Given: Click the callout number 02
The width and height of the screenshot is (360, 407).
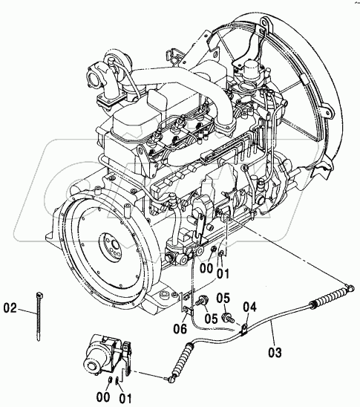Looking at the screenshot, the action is click(x=10, y=308).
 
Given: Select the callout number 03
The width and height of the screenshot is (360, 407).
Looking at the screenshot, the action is click(x=275, y=353).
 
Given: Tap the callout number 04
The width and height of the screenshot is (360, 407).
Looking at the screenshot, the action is click(x=249, y=307).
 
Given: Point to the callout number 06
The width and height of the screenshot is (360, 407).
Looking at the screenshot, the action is click(x=180, y=329).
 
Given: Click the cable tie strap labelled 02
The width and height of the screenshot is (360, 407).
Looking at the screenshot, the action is click(x=39, y=316).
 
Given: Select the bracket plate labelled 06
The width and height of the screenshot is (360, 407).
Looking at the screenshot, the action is click(x=186, y=302).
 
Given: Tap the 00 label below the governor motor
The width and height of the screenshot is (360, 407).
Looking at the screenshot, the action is click(x=103, y=397).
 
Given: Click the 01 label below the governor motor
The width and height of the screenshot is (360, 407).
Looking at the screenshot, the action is click(x=125, y=398).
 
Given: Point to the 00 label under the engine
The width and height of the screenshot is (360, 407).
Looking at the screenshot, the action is click(x=206, y=268).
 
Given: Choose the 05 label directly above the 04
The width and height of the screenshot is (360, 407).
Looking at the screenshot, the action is click(x=223, y=299).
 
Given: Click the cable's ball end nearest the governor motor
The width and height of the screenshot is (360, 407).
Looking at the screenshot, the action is click(x=171, y=380).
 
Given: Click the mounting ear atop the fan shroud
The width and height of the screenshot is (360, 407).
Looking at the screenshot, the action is click(x=266, y=23).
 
